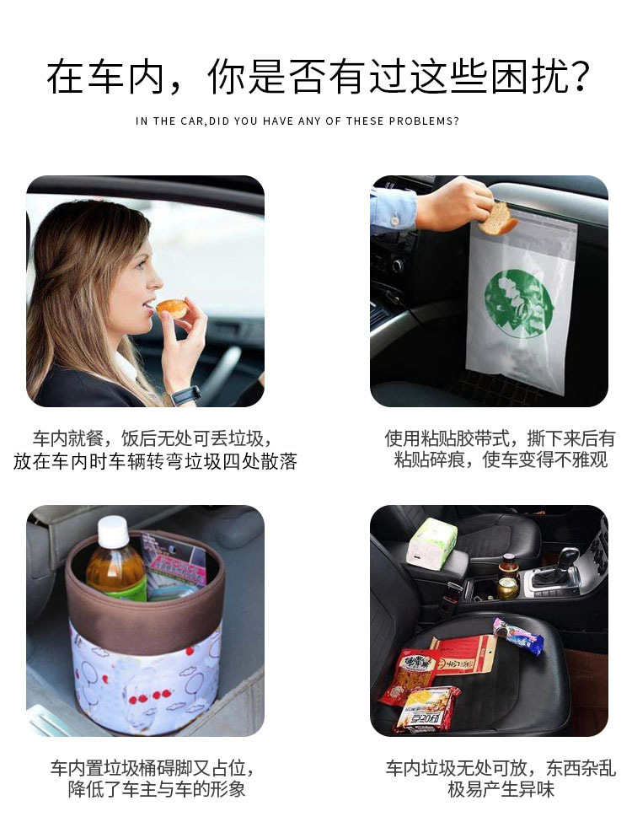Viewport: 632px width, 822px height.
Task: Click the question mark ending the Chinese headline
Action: click(x=578, y=78)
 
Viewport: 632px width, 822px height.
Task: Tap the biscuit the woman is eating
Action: click(x=171, y=309)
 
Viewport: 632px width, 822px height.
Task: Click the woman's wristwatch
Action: click(x=185, y=395)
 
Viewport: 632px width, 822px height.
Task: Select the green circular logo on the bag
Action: click(x=517, y=303)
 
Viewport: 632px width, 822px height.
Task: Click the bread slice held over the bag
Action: click(x=497, y=218)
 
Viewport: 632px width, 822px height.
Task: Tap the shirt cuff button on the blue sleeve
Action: click(x=394, y=219)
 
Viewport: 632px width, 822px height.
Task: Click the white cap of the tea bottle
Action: click(x=113, y=532)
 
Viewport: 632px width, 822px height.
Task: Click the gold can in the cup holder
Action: click(x=506, y=588)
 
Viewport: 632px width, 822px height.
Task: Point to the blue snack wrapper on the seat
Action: click(x=517, y=636)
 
